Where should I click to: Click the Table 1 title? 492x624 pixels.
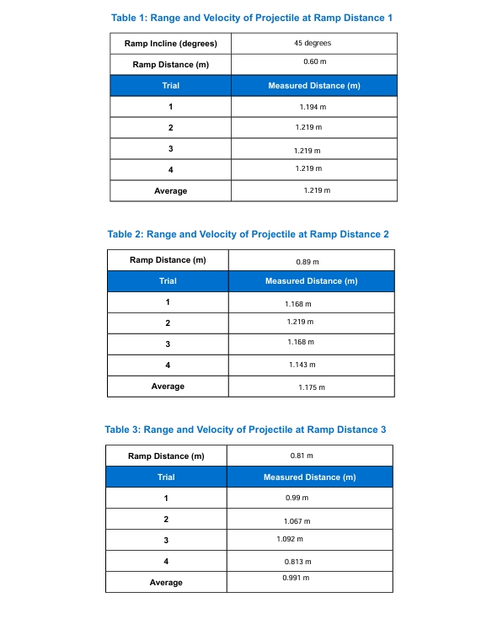pos(252,17)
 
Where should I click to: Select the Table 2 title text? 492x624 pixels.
pos(249,234)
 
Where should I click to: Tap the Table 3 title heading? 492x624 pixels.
pos(245,429)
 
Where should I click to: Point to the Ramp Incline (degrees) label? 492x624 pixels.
pos(170,44)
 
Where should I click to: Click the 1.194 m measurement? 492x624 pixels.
pos(313,107)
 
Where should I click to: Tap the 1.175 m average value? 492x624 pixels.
pos(311,387)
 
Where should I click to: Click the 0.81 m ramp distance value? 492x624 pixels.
pos(302,456)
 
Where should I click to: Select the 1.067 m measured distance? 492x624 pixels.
pos(297,521)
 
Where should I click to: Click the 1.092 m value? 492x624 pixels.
pos(290,538)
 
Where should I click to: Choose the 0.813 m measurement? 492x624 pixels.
pos(298,562)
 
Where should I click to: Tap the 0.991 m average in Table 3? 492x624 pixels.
pos(296,578)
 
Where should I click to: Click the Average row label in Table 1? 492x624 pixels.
pos(170,191)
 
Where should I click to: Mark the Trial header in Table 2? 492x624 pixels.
pos(168,281)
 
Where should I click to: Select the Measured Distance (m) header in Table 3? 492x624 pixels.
pos(309,477)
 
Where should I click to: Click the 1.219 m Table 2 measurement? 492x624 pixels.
pos(300,322)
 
